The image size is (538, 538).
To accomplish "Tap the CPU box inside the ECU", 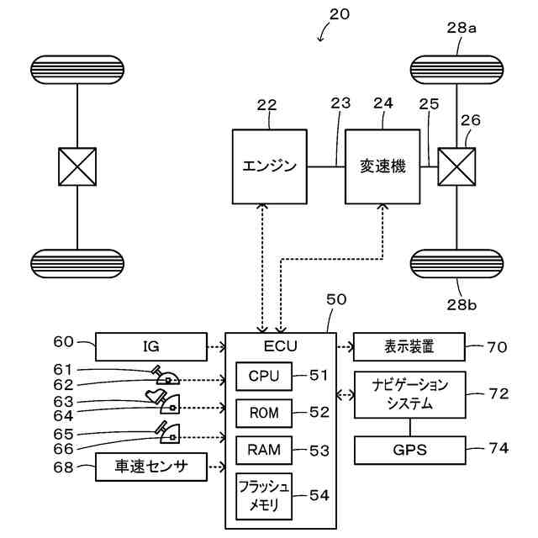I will [263, 376].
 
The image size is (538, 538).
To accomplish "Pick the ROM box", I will [263, 412].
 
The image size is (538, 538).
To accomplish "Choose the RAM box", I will [263, 450].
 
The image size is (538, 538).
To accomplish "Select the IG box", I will [150, 345].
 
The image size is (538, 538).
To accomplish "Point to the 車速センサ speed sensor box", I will [150, 465].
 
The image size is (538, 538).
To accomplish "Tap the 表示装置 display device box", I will [409, 345].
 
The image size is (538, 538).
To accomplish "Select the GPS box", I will [409, 450].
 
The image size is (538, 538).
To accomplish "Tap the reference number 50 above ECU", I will [335, 299].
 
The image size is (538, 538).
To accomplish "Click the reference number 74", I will [498, 449].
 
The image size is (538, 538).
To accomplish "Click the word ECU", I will [280, 345].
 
